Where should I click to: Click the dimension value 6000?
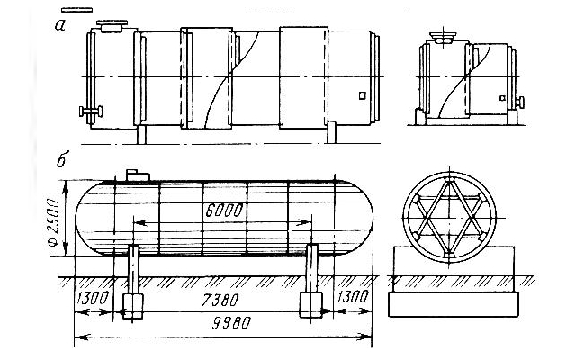[224, 211]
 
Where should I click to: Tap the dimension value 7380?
[220, 300]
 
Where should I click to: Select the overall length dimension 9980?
[232, 323]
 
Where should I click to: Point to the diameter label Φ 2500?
[53, 222]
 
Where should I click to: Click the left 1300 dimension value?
[93, 298]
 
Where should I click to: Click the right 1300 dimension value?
[352, 296]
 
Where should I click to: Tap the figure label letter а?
[60, 25]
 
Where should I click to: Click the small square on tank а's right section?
[363, 95]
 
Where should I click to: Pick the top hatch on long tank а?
[112, 26]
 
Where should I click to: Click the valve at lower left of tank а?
[91, 111]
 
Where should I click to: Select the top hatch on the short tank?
[443, 38]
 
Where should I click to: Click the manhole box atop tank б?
[138, 175]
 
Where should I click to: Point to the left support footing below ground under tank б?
[132, 305]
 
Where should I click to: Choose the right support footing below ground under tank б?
[311, 305]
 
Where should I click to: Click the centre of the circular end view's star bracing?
[449, 218]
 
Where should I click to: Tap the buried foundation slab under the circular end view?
[454, 304]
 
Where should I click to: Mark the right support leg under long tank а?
[331, 132]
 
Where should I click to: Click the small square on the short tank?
[502, 98]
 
